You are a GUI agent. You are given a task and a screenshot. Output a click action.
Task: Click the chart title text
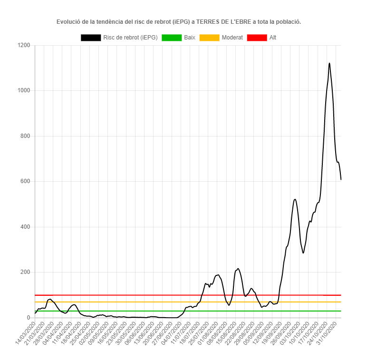tap(179, 22)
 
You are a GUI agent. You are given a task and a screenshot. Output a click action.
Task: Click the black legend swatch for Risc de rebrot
tap(90, 38)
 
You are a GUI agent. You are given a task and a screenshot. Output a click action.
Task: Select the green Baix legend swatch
tap(171, 38)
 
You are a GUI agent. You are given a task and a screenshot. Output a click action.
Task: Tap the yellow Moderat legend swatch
tap(209, 38)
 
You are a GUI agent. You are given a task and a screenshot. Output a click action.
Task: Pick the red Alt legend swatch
tap(257, 38)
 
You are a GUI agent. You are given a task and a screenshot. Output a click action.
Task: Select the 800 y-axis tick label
tap(26, 136)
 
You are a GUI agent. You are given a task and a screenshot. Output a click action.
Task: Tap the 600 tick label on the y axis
tap(26, 182)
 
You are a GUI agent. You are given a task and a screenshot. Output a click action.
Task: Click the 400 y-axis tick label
tap(26, 227)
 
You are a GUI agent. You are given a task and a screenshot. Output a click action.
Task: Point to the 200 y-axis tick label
tap(26, 272)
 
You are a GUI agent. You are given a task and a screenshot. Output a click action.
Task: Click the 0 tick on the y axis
tap(29, 318)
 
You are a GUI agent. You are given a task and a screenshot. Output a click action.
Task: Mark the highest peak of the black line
tap(329, 63)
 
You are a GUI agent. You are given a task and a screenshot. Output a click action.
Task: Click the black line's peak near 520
tap(295, 199)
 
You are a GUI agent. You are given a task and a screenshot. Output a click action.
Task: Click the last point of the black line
tap(341, 179)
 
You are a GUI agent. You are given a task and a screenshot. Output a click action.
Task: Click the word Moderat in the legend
tap(232, 38)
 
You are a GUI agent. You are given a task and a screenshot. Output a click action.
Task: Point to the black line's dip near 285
tap(303, 253)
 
